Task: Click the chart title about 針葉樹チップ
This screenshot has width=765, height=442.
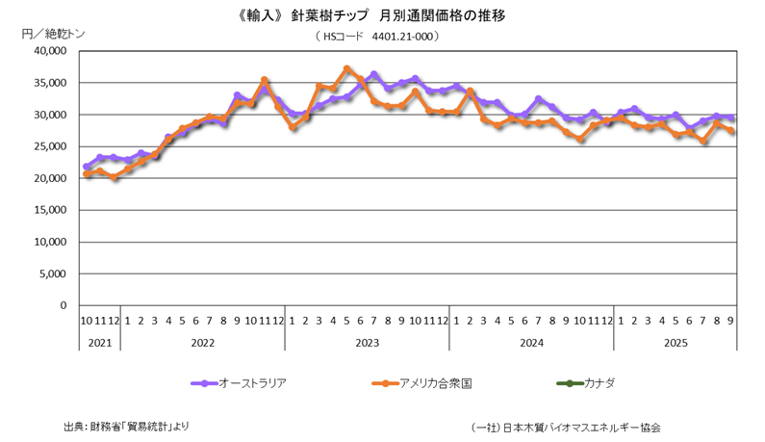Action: [383, 16]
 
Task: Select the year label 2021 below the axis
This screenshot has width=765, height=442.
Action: [100, 342]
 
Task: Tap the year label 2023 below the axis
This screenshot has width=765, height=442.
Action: [367, 342]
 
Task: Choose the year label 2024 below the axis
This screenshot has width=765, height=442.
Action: [531, 342]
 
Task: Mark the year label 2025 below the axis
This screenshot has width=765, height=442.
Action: [676, 342]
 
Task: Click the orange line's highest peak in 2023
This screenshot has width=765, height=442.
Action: [346, 69]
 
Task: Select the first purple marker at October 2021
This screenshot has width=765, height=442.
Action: [87, 167]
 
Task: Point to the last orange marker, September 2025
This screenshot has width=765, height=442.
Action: [731, 131]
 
